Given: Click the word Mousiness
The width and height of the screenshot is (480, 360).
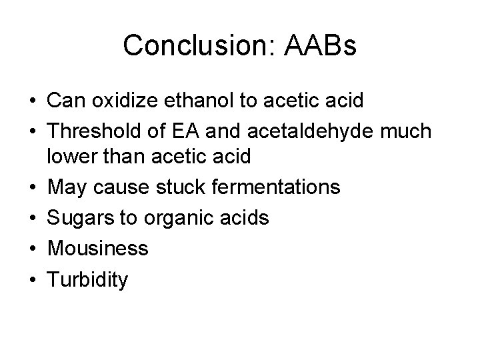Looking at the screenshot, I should [97, 249].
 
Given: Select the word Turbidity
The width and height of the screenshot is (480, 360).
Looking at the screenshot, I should [87, 279].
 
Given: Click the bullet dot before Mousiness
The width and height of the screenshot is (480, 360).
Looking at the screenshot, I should [31, 249].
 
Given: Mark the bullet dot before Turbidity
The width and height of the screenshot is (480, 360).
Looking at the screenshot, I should [31, 279].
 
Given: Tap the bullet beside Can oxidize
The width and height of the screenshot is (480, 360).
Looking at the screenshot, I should [31, 101].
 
